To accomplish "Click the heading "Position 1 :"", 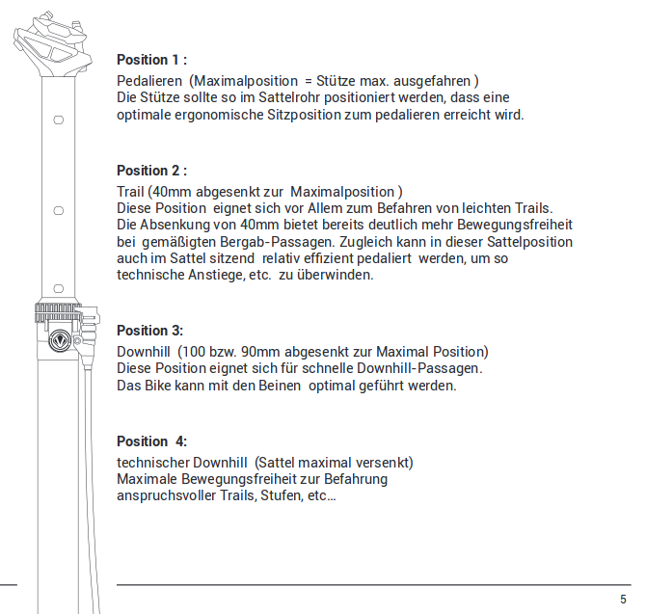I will [151, 60].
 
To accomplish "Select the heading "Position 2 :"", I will [151, 172].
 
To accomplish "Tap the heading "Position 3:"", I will [149, 331].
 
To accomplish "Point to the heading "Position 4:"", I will [151, 441].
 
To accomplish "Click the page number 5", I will [623, 598].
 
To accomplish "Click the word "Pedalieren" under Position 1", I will [148, 79].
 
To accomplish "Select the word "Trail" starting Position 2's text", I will [131, 192].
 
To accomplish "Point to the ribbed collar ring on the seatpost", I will [63, 312].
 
